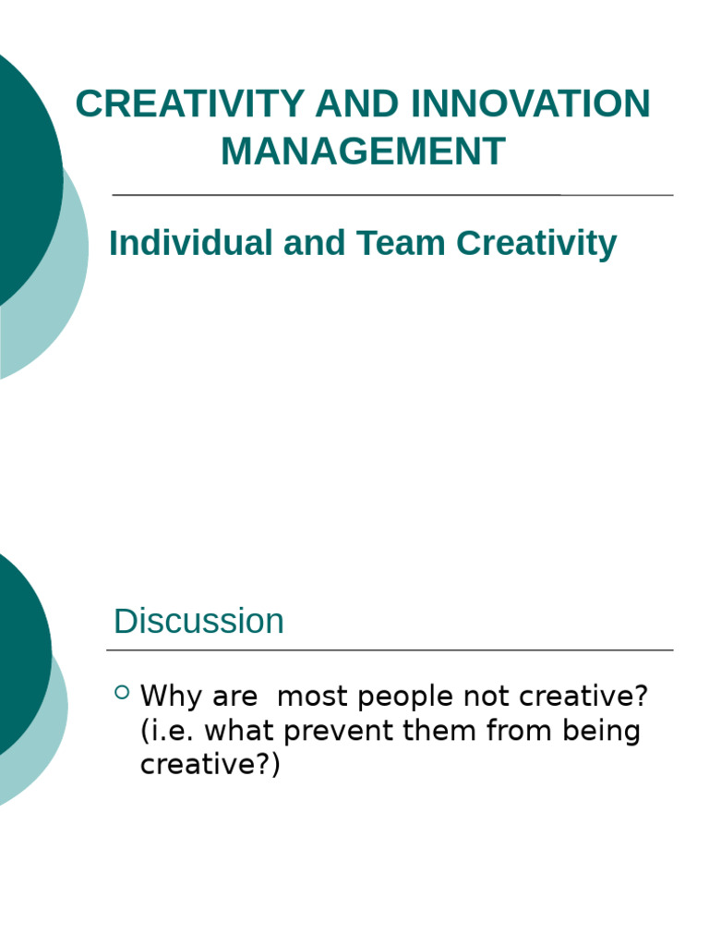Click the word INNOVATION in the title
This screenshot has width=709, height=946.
point(531,103)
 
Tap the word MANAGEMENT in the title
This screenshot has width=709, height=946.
point(363,152)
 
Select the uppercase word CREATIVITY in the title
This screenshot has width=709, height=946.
point(189,103)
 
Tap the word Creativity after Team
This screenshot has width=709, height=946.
point(536,244)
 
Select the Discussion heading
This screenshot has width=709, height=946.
point(198,621)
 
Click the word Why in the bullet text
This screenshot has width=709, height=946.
point(171,696)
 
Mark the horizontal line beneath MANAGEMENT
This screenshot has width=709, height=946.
point(392,195)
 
